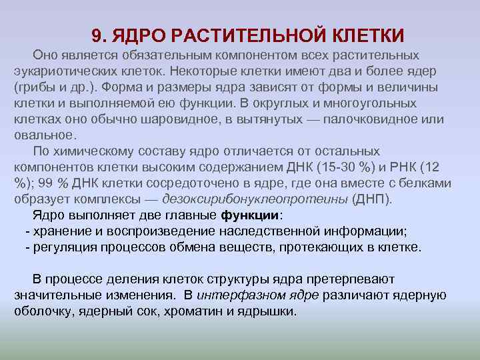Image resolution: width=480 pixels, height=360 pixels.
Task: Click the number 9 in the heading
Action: (x=96, y=34)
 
